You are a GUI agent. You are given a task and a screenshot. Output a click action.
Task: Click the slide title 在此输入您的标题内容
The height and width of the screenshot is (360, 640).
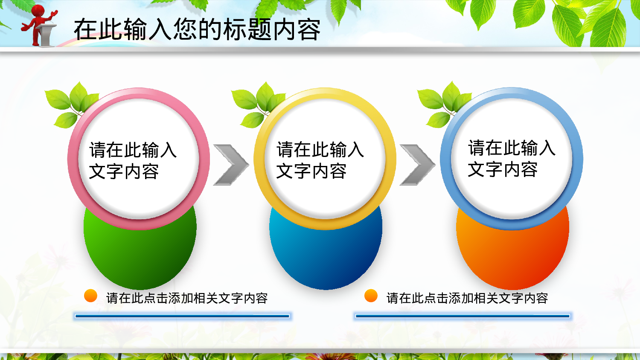tap(197, 29)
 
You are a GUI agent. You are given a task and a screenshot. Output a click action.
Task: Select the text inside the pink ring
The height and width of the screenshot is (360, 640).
tap(133, 161)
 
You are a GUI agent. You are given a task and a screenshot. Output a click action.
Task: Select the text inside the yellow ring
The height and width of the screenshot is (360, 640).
tap(320, 160)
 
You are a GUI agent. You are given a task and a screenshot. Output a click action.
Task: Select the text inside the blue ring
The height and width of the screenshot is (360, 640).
tap(512, 159)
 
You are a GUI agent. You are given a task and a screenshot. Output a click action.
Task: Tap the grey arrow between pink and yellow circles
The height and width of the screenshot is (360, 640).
tap(231, 165)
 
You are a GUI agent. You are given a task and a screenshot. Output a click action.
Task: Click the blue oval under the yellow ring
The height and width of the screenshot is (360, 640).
tap(326, 256)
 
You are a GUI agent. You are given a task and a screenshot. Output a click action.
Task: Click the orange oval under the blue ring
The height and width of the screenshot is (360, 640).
tap(512, 256)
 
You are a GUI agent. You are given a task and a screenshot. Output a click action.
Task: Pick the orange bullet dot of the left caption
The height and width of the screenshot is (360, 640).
tap(90, 296)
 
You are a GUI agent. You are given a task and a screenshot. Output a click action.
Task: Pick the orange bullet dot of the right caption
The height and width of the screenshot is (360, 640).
tap(371, 296)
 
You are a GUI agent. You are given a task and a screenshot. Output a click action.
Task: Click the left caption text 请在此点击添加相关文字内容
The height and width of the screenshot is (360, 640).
tap(187, 298)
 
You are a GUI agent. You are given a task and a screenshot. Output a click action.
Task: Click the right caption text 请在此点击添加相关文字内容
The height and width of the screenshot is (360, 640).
tap(467, 298)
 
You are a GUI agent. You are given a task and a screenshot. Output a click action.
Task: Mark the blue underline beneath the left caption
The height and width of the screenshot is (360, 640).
tap(182, 316)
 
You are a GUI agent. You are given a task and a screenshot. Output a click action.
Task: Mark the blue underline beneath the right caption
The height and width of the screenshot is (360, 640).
tap(463, 316)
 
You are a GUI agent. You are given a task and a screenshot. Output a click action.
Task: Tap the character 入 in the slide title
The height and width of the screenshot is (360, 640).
tap(160, 29)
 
